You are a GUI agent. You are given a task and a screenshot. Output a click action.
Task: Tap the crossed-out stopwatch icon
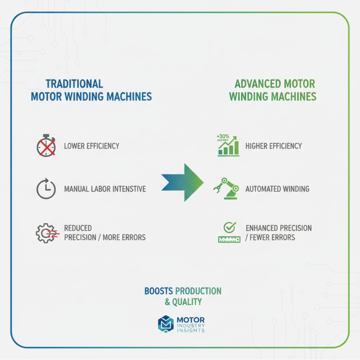point(46,145)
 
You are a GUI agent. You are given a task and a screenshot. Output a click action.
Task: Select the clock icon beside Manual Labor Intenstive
point(46,189)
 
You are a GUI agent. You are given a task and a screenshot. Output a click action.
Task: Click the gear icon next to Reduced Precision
point(46,233)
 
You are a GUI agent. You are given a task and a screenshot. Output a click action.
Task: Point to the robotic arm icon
point(226,188)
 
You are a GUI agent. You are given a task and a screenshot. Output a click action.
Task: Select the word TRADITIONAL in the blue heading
point(74,84)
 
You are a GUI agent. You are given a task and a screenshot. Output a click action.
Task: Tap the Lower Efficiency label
point(91,146)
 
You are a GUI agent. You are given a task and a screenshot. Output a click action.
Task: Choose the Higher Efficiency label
point(274,146)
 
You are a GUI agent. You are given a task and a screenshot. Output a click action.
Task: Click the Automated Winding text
point(277,189)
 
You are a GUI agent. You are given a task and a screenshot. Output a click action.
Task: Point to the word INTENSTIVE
point(127,189)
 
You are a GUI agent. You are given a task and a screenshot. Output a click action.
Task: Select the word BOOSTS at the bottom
point(158,291)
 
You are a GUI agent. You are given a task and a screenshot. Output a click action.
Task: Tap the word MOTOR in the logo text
point(191,319)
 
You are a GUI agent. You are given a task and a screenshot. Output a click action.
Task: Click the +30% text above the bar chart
point(222,135)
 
